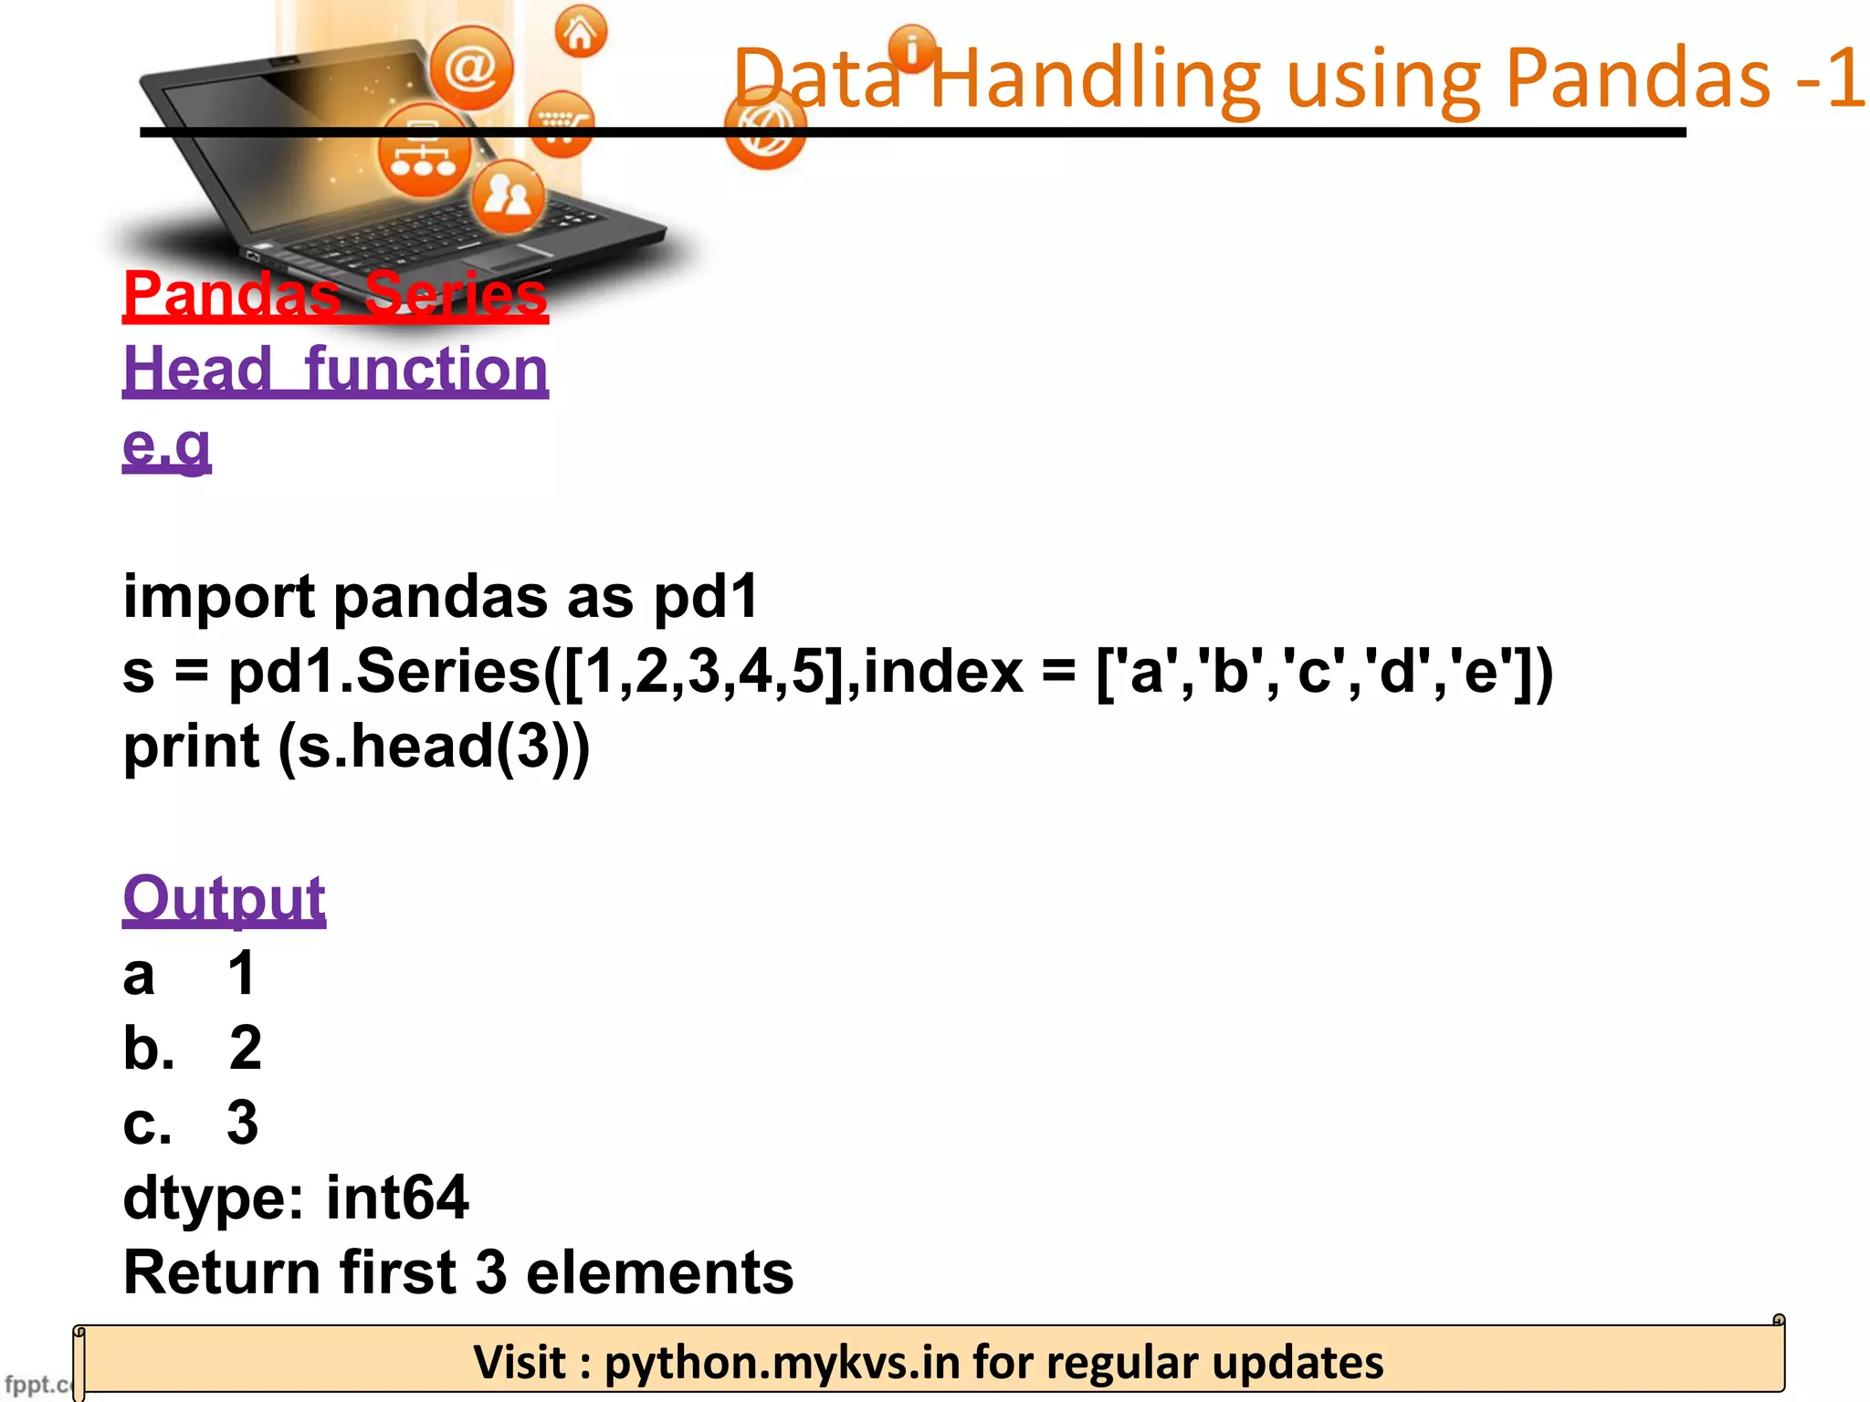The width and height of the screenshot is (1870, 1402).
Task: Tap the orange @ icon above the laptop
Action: (x=471, y=68)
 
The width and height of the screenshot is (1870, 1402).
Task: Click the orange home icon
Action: (x=581, y=33)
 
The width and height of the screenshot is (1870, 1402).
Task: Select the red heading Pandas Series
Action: (x=335, y=294)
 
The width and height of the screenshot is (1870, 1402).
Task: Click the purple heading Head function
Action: (x=335, y=369)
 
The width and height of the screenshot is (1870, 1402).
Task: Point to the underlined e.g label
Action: (x=167, y=445)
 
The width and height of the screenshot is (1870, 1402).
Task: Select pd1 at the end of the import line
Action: (x=706, y=597)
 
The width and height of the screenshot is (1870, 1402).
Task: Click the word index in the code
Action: (x=943, y=672)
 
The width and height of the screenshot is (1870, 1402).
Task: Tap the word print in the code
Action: (x=191, y=747)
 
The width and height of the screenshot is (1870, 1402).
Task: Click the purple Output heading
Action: (x=224, y=898)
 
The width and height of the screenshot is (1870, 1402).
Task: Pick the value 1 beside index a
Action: (x=242, y=973)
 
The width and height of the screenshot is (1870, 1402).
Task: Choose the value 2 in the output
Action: (x=245, y=1048)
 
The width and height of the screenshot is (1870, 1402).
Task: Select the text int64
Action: (x=397, y=1198)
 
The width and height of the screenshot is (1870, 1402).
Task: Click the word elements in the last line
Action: (x=659, y=1272)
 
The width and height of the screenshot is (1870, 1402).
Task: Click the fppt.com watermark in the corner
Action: (x=37, y=1384)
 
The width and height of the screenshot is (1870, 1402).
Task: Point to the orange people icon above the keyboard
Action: (x=508, y=194)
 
